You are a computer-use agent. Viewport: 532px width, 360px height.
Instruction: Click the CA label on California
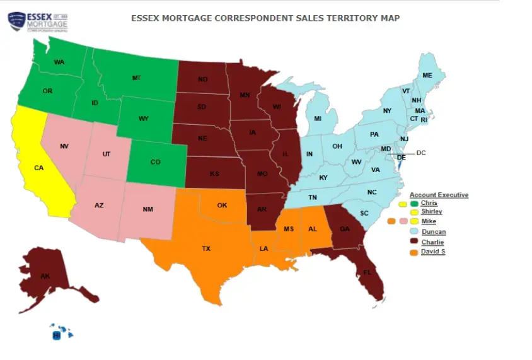(x=38, y=168)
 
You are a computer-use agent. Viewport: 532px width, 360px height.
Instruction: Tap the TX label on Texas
(x=205, y=248)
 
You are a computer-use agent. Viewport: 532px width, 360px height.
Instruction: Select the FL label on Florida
(x=367, y=272)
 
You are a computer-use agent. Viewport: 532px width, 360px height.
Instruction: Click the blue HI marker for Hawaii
(x=56, y=336)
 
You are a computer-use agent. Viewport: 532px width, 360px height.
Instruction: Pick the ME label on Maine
(x=427, y=75)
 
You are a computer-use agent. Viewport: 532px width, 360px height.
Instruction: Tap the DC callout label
(x=421, y=153)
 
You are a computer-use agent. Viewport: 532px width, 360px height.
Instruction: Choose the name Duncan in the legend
(x=433, y=232)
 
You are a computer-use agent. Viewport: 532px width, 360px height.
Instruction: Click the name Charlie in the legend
(x=432, y=242)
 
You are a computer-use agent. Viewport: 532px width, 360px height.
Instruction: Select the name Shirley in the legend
(x=431, y=212)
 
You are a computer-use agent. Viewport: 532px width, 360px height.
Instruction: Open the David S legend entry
(x=433, y=252)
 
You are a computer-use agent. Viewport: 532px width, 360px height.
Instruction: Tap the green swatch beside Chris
(x=413, y=204)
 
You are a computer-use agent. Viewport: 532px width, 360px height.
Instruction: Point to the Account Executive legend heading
(x=439, y=195)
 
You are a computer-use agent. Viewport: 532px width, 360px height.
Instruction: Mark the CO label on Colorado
(x=155, y=162)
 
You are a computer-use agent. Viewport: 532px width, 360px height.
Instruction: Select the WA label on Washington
(x=59, y=62)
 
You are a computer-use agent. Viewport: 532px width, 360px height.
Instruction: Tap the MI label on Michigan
(x=318, y=119)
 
